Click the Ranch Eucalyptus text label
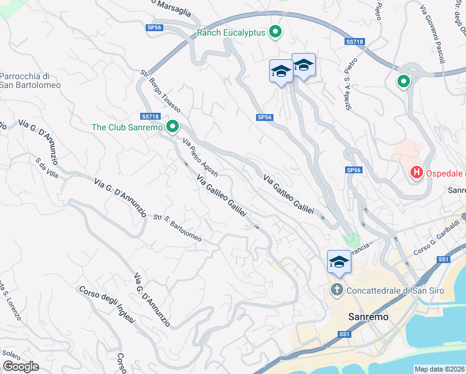pyautogui.click(x=231, y=32)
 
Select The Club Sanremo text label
pyautogui.click(x=126, y=127)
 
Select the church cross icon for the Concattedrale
pyautogui.click(x=336, y=290)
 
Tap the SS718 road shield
pyautogui.click(x=151, y=116)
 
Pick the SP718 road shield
pyautogui.click(x=354, y=42)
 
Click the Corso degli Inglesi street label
pyautogui.click(x=107, y=304)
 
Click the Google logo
pyautogui.click(x=21, y=367)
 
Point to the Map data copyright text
pyautogui.click(x=440, y=369)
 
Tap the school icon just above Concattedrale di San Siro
pyautogui.click(x=340, y=262)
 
